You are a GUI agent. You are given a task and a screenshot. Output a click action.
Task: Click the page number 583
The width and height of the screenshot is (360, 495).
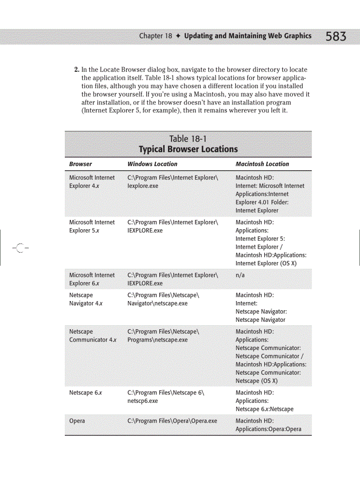click(336, 37)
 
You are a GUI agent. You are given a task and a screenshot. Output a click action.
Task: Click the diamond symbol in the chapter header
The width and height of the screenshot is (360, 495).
click(178, 36)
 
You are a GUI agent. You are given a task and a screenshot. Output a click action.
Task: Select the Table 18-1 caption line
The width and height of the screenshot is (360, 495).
click(188, 139)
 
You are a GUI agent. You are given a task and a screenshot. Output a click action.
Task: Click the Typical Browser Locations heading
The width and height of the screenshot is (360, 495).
click(188, 149)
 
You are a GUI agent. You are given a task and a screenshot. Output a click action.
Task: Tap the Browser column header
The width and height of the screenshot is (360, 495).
click(80, 164)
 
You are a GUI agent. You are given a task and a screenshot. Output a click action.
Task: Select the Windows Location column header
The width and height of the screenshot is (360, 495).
click(152, 164)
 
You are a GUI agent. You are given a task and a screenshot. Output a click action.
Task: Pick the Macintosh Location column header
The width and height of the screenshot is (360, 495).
click(262, 164)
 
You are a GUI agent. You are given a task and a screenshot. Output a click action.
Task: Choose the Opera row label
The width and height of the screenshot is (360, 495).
click(77, 421)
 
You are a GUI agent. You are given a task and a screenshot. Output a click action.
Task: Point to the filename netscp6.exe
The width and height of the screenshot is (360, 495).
click(142, 401)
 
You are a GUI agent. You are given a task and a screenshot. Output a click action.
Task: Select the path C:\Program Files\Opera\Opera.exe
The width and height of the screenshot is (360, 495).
click(172, 421)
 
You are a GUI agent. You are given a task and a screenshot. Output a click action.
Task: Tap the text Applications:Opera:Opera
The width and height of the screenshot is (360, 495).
click(268, 429)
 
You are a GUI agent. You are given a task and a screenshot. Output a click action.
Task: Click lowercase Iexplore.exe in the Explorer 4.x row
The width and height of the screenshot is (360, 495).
click(142, 186)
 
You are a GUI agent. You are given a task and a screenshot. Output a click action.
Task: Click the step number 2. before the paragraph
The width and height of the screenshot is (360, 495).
click(76, 70)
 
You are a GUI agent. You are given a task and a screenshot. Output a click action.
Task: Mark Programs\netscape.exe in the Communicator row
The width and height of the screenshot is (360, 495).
click(157, 340)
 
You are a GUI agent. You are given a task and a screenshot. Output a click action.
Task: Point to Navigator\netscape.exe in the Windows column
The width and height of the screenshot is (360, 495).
click(157, 303)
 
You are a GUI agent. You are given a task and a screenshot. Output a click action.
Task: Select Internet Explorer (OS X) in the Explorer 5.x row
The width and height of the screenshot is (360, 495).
click(266, 263)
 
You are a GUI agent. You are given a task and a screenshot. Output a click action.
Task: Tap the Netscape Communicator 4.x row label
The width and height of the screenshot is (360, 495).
click(92, 336)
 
